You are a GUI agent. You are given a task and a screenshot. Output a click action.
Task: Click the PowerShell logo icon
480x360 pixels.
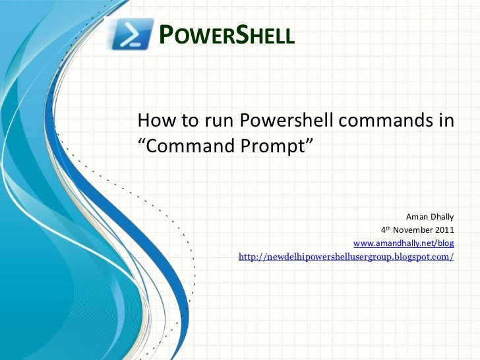point(131,34)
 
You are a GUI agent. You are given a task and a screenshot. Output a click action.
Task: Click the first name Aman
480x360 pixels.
point(417,217)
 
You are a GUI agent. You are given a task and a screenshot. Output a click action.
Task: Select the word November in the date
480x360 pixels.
point(412,230)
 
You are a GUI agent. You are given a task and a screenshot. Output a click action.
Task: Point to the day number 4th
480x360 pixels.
point(385,229)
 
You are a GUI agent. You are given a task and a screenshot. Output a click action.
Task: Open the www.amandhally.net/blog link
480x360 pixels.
point(404,243)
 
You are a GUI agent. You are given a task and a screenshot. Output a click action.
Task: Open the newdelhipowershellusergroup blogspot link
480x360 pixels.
point(346,256)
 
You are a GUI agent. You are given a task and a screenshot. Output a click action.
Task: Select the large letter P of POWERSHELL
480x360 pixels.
point(168,35)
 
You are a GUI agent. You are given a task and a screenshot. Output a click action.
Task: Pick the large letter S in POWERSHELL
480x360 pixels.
point(237,35)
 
